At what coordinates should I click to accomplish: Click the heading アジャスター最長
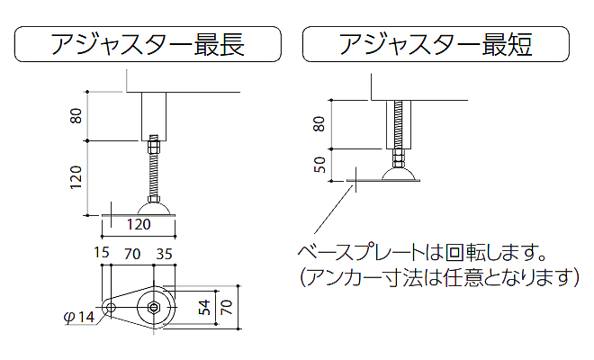click(148, 44)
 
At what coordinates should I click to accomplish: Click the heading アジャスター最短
click(436, 44)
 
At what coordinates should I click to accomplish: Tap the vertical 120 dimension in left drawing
click(77, 176)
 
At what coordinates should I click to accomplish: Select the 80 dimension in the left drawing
click(77, 115)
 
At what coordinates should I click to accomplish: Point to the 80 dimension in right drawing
click(318, 123)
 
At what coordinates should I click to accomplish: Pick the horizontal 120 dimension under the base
click(137, 223)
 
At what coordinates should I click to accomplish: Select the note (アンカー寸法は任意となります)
click(437, 277)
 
